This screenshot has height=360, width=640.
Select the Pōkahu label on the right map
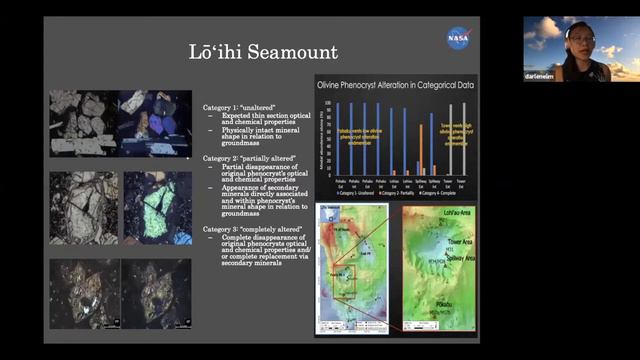pos(442,298)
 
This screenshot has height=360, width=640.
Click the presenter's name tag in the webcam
pos(540,76)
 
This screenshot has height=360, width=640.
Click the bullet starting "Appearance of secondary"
pos(262,199)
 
